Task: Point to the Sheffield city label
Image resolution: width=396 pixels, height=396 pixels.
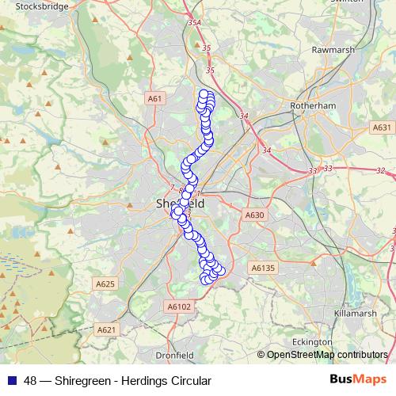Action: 175,204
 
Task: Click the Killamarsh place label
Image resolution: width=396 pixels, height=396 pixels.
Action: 355,314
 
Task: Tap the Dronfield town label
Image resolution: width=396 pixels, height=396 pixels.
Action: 174,355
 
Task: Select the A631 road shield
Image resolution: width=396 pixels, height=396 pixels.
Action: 382,127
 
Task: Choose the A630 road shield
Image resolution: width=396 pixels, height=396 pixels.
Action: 254,215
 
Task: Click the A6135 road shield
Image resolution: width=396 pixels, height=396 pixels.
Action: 262,268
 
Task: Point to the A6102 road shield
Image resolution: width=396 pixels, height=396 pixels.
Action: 180,306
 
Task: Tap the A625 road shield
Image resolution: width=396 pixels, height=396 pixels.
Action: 105,284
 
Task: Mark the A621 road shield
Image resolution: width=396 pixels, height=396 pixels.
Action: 106,329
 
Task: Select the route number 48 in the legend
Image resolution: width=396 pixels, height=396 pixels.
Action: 31,381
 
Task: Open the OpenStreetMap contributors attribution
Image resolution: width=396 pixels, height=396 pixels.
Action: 327,355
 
